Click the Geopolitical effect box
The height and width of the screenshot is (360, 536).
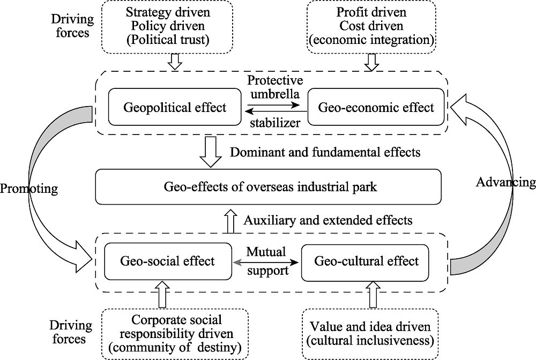(x=175, y=107)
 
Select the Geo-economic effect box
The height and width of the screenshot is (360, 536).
(x=376, y=107)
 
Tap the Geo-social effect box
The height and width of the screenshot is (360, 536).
(x=168, y=261)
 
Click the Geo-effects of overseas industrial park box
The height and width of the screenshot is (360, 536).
(x=269, y=187)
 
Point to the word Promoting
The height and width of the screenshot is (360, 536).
(x=29, y=189)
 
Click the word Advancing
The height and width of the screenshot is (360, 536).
(x=506, y=182)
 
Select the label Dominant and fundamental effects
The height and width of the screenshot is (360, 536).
(x=325, y=152)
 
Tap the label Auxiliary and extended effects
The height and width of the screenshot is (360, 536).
(x=328, y=220)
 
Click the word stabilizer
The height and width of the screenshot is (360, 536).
(x=275, y=123)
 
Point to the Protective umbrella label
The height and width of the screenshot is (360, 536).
(x=275, y=87)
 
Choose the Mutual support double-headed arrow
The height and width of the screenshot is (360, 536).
(x=265, y=262)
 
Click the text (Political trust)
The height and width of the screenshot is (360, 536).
(x=168, y=40)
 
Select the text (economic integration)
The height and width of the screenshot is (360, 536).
(x=371, y=40)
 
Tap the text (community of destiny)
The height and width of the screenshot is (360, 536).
(x=175, y=347)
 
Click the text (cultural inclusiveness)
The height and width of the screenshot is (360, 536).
(x=370, y=341)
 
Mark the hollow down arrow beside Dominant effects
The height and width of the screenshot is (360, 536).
(x=211, y=152)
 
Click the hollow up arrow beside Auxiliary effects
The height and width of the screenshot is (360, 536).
(x=230, y=221)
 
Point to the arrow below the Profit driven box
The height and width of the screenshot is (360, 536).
(x=371, y=62)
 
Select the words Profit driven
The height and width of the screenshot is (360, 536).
(x=371, y=12)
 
